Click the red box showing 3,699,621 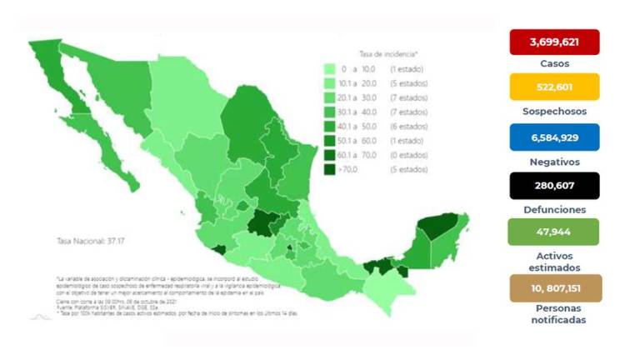(x=554, y=41)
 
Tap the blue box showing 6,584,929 (x=554, y=137)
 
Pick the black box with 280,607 (x=554, y=185)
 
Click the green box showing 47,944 (x=554, y=232)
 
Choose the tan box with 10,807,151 (x=554, y=288)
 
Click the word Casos (x=554, y=63)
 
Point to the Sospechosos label (x=554, y=111)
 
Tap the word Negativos (x=554, y=161)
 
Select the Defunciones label (x=554, y=209)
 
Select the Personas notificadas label (x=554, y=314)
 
